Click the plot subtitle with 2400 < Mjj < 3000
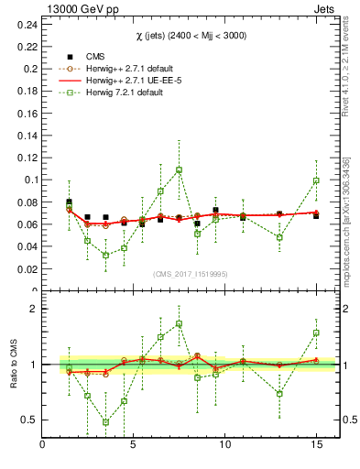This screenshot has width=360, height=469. [x=190, y=35]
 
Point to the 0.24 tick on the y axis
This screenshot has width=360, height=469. [x=27, y=24]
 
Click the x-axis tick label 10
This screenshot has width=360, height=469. [x=224, y=445]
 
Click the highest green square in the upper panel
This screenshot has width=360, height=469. [x=179, y=169]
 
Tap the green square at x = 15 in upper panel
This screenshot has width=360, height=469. [x=316, y=180]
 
